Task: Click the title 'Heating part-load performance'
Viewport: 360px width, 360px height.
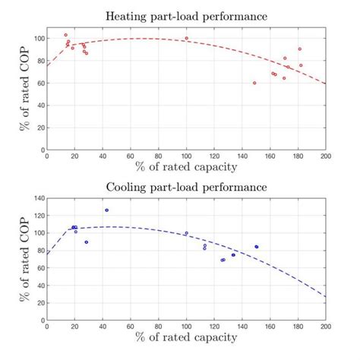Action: pyautogui.click(x=186, y=16)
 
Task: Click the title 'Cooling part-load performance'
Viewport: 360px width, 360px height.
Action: pyautogui.click(x=186, y=186)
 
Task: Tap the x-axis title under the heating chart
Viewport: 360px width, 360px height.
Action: pyautogui.click(x=186, y=166)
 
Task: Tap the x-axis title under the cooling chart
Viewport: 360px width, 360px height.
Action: pyautogui.click(x=186, y=336)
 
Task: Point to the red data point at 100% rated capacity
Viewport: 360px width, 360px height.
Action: pyautogui.click(x=187, y=38)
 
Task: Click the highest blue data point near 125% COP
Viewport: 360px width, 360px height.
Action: pyautogui.click(x=107, y=210)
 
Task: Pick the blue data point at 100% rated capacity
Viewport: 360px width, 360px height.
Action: pyautogui.click(x=187, y=233)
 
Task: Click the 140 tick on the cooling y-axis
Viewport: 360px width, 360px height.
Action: pyautogui.click(x=38, y=197)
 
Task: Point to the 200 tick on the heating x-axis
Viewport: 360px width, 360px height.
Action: pyautogui.click(x=325, y=156)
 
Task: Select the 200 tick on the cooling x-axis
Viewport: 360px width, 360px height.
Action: pyautogui.click(x=325, y=326)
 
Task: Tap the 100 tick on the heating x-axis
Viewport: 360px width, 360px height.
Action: pyautogui.click(x=187, y=156)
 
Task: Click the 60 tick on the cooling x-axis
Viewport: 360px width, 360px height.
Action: pyautogui.click(x=131, y=326)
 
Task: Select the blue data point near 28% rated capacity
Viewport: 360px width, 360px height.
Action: pyautogui.click(x=87, y=242)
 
